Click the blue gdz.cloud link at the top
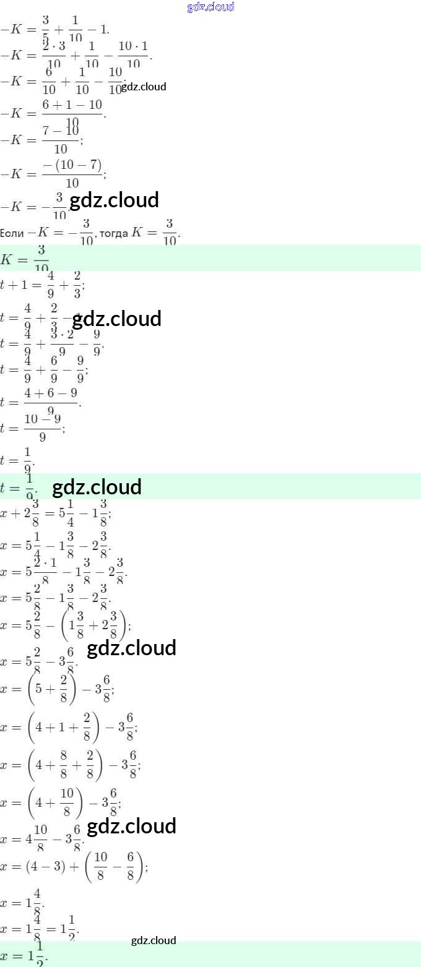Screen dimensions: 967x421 point(210,7)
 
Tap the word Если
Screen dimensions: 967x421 point(12,233)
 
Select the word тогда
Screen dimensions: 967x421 point(114,233)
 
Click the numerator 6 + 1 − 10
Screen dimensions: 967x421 point(72,105)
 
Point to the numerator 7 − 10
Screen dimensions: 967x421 point(60,131)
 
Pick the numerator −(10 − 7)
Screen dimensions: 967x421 point(72,165)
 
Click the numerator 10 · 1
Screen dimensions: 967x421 point(133,46)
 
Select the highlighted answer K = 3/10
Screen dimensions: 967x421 point(25,258)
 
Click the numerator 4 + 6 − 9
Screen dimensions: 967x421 point(51,393)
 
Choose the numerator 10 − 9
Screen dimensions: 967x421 point(43,419)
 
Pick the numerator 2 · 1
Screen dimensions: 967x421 point(45,565)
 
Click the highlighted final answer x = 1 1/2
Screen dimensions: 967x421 point(25,955)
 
